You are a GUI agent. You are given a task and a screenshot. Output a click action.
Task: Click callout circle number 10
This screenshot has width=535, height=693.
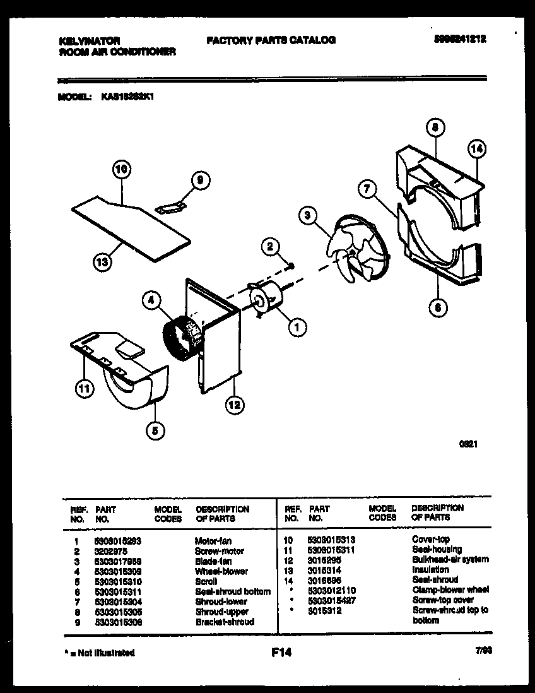coord(122,169)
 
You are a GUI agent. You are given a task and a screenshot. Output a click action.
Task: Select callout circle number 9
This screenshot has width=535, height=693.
coord(199,181)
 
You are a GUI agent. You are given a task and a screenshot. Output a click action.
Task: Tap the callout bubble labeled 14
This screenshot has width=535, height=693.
coord(477,150)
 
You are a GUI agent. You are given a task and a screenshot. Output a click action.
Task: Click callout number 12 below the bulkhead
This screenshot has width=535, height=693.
coord(234,405)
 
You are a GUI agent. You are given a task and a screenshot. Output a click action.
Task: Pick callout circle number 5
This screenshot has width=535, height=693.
coord(155,431)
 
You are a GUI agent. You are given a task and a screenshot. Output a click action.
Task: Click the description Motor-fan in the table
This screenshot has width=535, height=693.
coord(213,541)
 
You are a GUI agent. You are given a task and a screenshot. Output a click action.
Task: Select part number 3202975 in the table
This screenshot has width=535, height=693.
coord(110,551)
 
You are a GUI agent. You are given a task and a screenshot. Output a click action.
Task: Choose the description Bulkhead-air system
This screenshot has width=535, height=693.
coord(449,559)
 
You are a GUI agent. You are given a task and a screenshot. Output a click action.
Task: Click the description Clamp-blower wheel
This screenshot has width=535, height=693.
coord(450,589)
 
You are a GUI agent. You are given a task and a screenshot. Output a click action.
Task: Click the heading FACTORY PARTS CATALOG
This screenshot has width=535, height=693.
coord(271,40)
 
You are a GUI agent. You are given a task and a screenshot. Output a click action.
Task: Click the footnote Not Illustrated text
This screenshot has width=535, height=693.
coord(102,653)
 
